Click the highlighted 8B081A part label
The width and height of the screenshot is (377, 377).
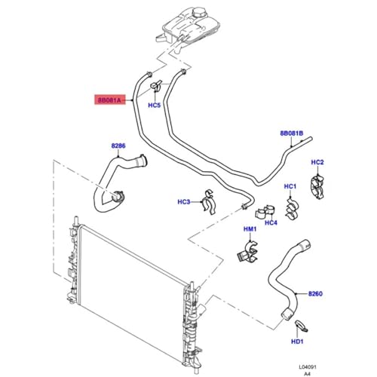coord(110,100)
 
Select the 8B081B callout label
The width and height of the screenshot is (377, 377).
coord(292,133)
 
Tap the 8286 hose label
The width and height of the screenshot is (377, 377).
coord(118,146)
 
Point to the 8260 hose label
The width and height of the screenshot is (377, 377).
coord(315,293)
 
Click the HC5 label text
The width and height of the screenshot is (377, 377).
coord(154,105)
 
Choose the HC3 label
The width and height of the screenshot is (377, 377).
coord(184,202)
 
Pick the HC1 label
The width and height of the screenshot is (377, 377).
coord(290,186)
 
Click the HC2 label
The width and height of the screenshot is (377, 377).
coord(317,162)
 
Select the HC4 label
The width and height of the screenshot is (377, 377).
coord(271,222)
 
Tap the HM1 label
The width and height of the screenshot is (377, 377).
coord(250,229)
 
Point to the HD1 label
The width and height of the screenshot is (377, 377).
coord(297,342)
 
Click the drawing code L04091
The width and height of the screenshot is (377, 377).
coord(308,367)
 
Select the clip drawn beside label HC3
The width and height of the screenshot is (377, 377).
coord(209,202)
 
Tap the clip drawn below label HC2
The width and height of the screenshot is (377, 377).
coord(317,187)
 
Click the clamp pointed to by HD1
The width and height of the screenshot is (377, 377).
coord(301,326)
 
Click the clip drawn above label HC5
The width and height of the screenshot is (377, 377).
coord(156,86)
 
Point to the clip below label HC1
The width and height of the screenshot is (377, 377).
coord(291,209)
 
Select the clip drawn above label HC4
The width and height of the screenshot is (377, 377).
coord(265,211)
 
